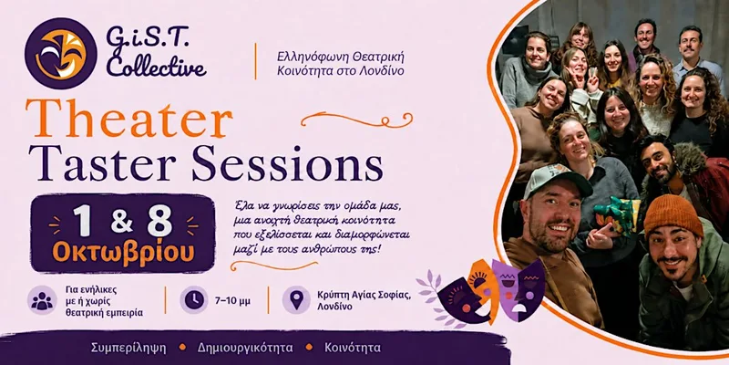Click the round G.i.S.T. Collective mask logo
point(61,54)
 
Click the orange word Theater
point(128,119)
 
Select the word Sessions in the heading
point(287,163)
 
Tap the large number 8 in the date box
point(159,220)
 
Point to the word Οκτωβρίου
point(123,253)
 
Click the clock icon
point(194,300)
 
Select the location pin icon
point(296,300)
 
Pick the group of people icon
point(42,300)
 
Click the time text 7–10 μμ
point(232,301)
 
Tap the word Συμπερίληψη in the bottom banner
point(128,348)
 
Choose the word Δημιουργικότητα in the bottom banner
point(245,348)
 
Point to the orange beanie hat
point(673,215)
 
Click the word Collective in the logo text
point(156,67)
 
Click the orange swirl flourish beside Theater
point(356,120)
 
